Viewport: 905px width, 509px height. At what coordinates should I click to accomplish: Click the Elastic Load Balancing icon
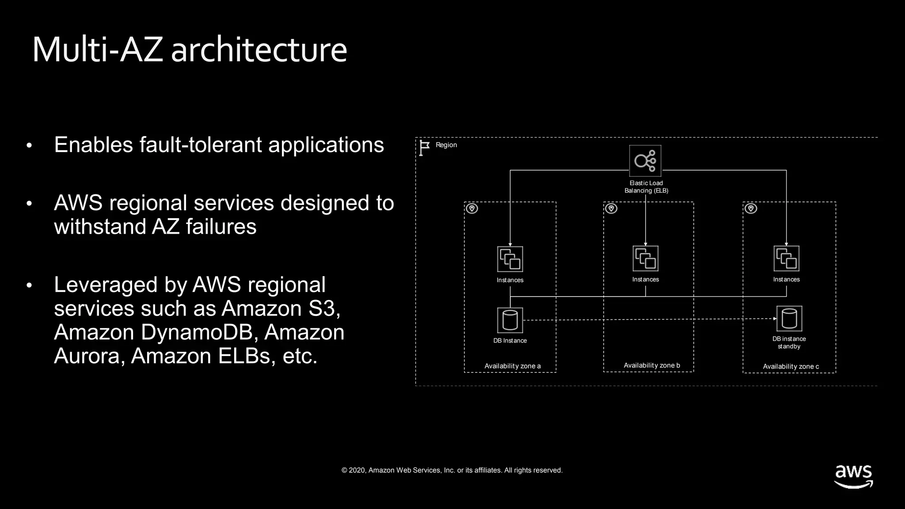[645, 161]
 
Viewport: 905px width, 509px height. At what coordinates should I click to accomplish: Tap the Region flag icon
[424, 148]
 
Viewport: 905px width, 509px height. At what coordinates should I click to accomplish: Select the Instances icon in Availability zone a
[510, 259]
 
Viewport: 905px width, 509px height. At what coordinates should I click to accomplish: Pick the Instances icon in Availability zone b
[645, 258]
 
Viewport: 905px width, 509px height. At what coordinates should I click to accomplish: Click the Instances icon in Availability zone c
[786, 258]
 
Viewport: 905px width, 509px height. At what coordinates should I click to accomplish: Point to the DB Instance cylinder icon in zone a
[510, 320]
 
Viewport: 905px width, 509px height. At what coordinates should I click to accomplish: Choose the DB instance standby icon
[789, 319]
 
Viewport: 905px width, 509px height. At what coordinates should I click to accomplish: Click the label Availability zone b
[652, 365]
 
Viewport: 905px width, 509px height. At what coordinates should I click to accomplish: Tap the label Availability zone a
[512, 366]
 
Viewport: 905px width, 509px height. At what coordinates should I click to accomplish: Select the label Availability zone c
[791, 366]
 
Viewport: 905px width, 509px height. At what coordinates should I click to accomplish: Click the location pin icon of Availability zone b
[611, 209]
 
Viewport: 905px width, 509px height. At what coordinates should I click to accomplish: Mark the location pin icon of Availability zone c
[751, 209]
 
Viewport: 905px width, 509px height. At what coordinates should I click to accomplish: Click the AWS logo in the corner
[853, 476]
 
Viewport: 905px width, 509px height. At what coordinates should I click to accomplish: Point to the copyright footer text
[452, 470]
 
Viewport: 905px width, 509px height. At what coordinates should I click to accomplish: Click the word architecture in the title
[259, 49]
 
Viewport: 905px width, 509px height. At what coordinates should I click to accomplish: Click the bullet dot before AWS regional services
[29, 204]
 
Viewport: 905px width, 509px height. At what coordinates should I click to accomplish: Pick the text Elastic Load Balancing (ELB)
[646, 187]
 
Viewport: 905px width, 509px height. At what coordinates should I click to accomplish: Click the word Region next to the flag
[446, 145]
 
